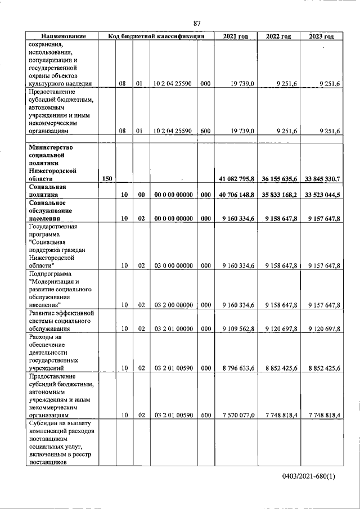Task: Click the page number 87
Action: tap(197, 23)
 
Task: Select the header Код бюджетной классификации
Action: tap(156, 37)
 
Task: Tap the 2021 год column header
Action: tap(236, 37)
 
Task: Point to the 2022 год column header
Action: tap(278, 37)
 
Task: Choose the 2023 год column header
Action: tap(321, 37)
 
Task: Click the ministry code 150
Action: tap(107, 179)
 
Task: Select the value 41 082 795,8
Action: tap(236, 179)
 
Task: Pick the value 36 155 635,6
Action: tap(278, 179)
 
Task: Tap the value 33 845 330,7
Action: tap(321, 179)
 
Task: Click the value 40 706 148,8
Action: tap(236, 195)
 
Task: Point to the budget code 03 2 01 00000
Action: tap(174, 328)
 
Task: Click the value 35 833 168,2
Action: tap(278, 195)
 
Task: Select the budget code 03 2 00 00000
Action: tap(174, 305)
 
